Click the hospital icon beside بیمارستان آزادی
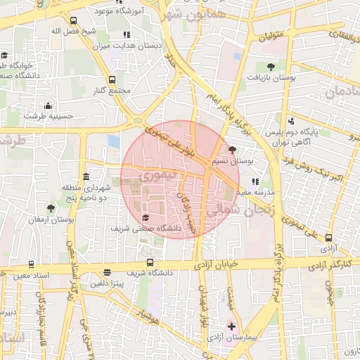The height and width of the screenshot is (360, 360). [232, 327]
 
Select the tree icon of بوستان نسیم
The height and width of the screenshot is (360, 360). [233, 150]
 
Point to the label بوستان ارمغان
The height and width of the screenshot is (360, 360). [51, 220]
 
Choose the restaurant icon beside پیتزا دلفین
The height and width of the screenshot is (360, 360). [107, 273]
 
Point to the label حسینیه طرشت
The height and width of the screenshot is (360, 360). [49, 115]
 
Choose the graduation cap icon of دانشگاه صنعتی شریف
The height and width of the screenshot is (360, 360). [146, 217]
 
